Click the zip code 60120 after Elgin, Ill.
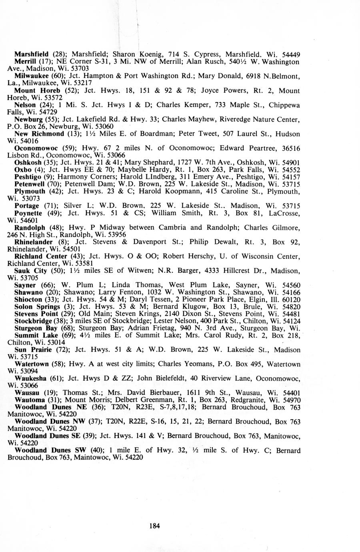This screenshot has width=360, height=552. coord(291,299)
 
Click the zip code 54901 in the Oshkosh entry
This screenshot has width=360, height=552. coord(291,162)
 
